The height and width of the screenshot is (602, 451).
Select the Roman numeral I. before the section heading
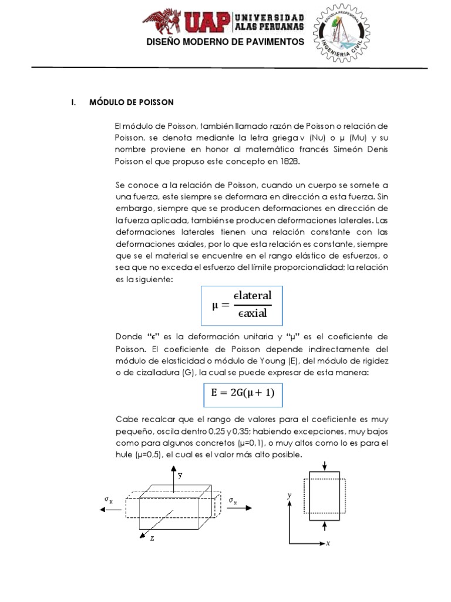(x=73, y=102)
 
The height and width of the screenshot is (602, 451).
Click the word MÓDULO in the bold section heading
(x=105, y=102)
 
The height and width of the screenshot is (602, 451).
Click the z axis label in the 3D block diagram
(x=152, y=538)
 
